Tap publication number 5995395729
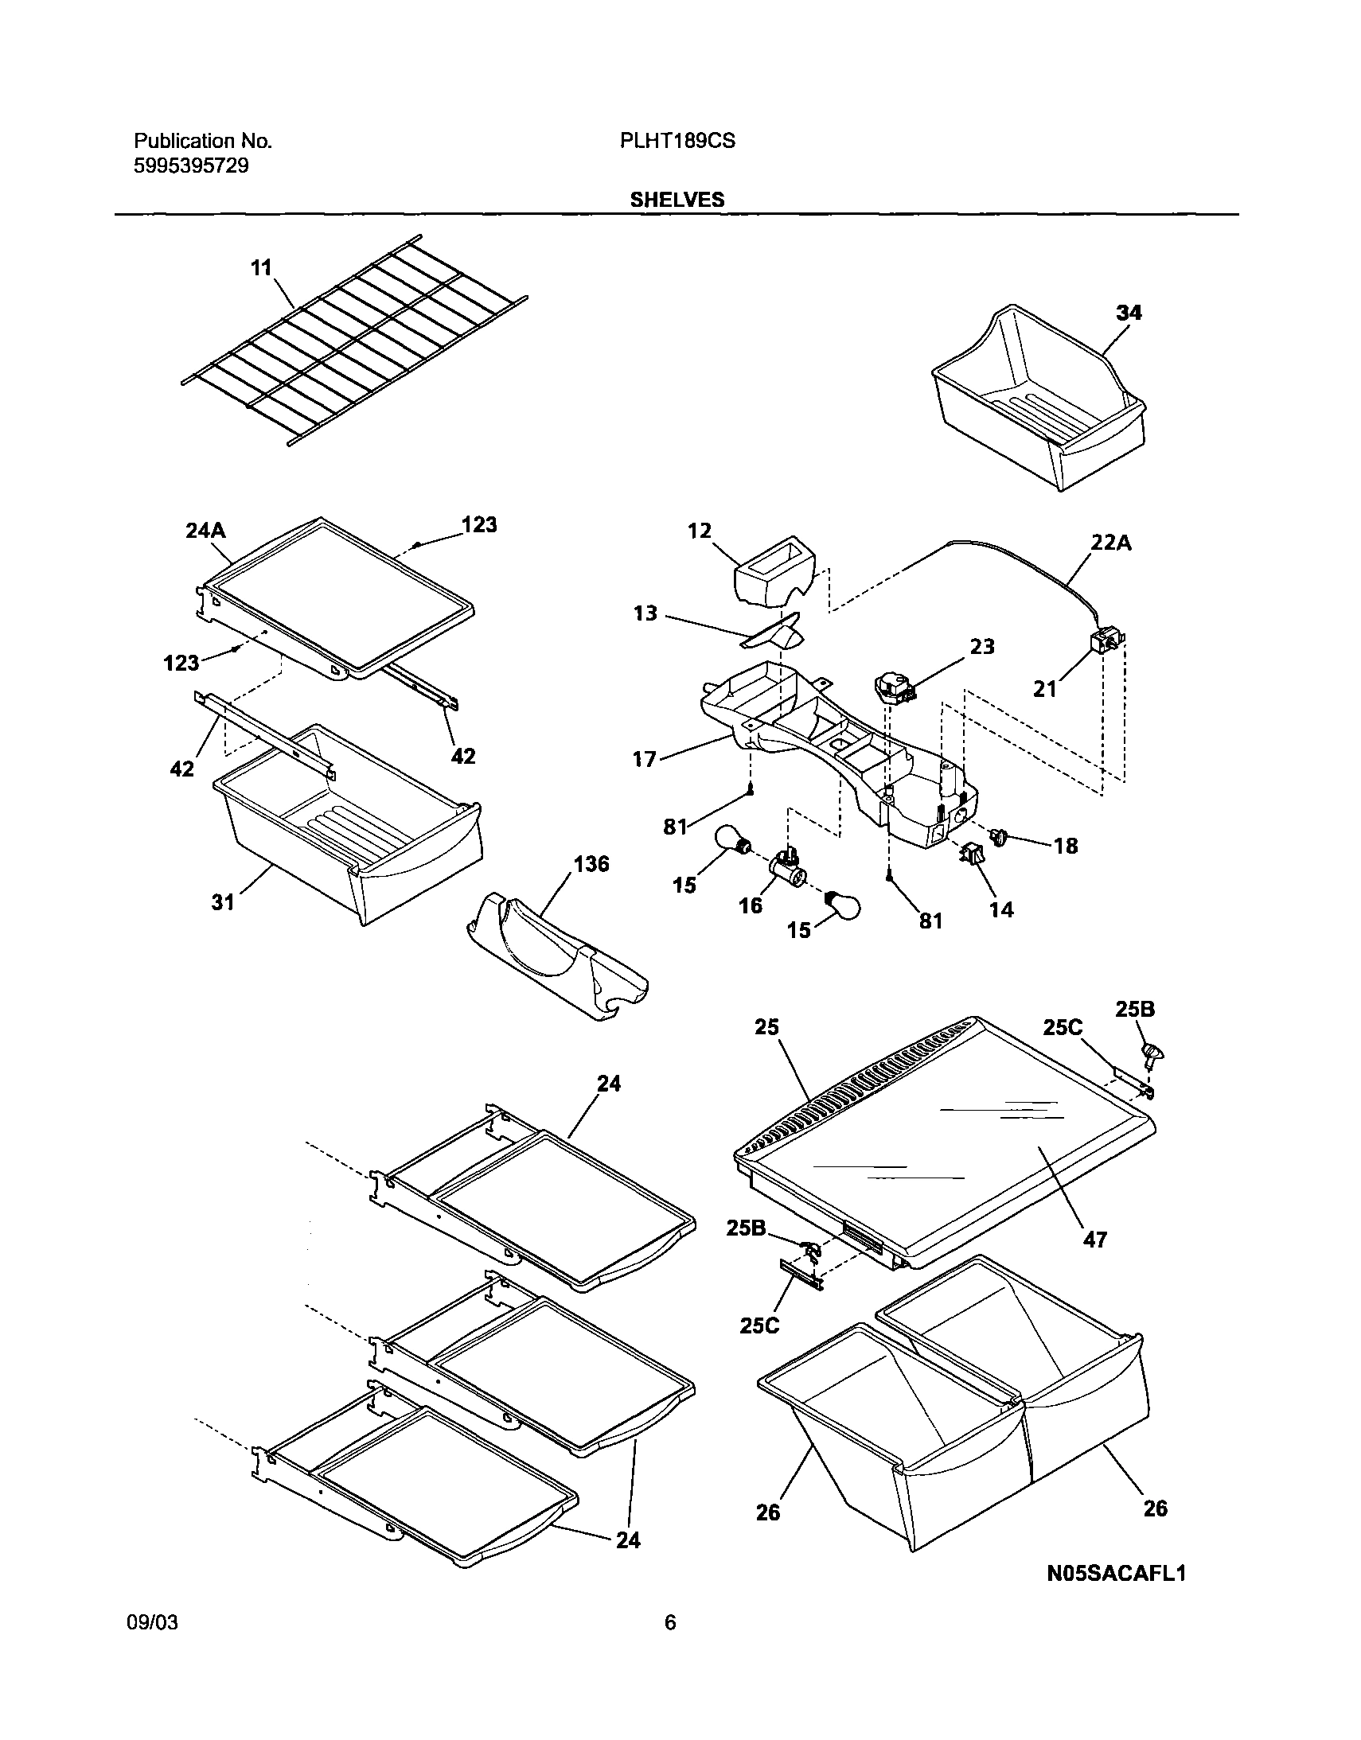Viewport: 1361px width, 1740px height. [x=191, y=165]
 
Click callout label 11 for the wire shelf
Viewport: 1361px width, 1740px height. [x=261, y=267]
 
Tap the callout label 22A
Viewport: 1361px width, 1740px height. [x=1111, y=543]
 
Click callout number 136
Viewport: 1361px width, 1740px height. [x=591, y=863]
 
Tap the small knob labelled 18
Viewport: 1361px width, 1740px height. [x=998, y=835]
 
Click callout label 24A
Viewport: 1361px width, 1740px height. [x=205, y=531]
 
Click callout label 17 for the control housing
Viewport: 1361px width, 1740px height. [x=644, y=759]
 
